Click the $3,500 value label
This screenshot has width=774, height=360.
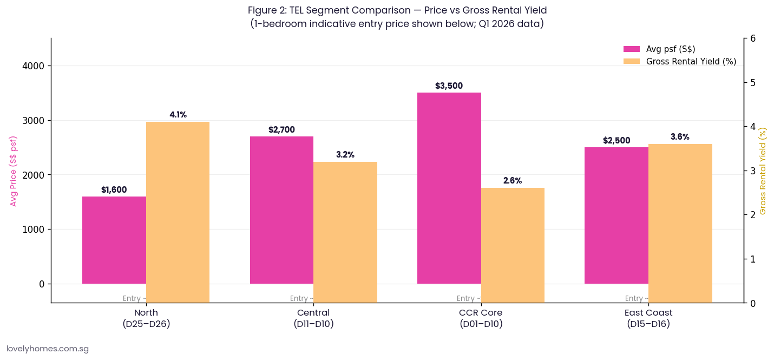pos(449,86)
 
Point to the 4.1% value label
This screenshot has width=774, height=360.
pos(178,115)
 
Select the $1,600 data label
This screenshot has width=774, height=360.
pos(114,190)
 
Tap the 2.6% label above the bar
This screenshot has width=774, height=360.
pos(513,181)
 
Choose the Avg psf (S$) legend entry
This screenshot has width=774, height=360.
pos(670,49)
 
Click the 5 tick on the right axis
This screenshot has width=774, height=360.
pos(753,83)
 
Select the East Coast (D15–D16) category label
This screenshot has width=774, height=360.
pos(648,318)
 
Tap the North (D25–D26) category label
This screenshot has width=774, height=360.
pos(146,318)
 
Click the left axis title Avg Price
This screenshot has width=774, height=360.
pos(14,171)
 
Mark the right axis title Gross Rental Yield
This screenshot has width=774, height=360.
pos(763,171)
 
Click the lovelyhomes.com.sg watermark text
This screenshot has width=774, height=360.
pos(48,349)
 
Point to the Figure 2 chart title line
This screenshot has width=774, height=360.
pos(397,10)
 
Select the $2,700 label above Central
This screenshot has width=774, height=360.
pos(281,130)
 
